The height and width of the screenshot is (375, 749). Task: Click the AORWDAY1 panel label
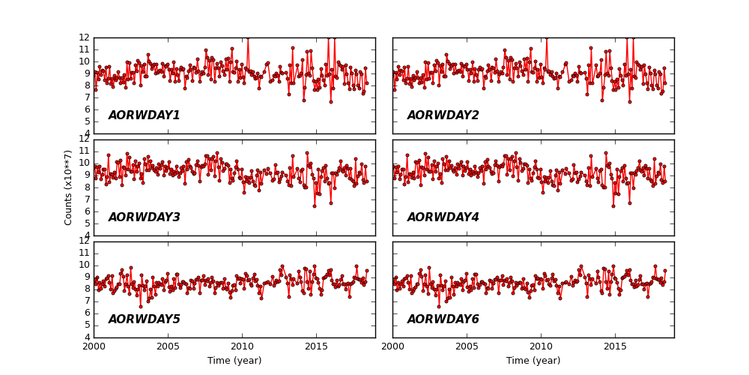coord(144,115)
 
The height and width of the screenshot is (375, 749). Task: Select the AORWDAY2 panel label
coord(443,115)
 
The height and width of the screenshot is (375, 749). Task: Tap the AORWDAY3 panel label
coord(144,217)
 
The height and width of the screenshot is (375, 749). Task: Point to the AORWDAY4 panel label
coord(443,217)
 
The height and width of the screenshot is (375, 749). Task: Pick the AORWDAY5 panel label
coord(144,319)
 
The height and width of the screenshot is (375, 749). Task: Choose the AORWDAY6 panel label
coord(443,319)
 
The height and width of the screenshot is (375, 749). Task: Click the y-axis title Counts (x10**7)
coord(68,187)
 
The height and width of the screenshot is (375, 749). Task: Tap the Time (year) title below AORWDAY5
coord(234,361)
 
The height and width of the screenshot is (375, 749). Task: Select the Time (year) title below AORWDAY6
coord(533,361)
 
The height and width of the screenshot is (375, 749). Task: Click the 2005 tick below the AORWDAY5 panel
coord(168,346)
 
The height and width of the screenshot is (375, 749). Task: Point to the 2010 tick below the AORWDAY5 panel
coord(242,346)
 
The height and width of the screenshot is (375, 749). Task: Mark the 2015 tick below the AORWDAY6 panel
coord(615,346)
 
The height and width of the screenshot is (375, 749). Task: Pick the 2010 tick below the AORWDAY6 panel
coord(541,346)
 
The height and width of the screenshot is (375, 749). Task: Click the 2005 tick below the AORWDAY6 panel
coord(467,346)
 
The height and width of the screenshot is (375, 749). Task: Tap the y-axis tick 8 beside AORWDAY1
coord(87,85)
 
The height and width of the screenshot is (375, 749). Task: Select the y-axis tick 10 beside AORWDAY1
coord(85,61)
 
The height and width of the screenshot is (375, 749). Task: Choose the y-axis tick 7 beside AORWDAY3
coord(87,199)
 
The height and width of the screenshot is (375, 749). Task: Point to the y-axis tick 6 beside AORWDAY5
coord(87,313)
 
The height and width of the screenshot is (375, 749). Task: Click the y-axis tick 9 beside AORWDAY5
coord(87,277)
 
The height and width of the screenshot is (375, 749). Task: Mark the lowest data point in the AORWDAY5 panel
coord(140,306)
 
